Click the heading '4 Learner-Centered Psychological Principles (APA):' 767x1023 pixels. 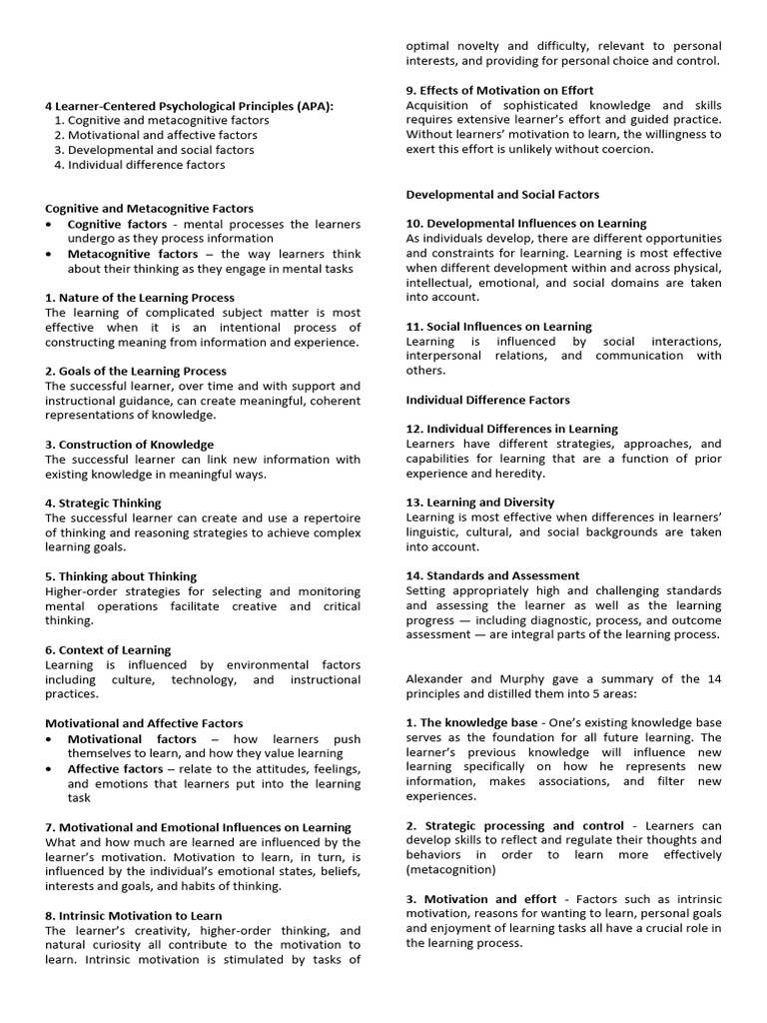[x=190, y=105]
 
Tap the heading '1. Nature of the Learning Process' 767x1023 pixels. [x=140, y=298]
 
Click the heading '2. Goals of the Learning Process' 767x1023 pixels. [x=136, y=371]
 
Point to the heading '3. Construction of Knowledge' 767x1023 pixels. [x=129, y=445]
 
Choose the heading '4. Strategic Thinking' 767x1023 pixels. [x=103, y=504]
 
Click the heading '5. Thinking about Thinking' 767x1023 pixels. [x=121, y=576]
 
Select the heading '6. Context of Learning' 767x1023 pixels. [x=108, y=650]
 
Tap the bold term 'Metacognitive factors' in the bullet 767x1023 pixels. [x=133, y=254]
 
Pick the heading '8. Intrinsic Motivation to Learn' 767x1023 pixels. [x=134, y=915]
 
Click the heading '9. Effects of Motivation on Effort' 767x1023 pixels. [x=499, y=91]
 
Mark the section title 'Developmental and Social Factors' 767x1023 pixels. [x=502, y=194]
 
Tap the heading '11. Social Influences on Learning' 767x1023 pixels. [x=498, y=327]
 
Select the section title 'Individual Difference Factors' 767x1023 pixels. [x=488, y=400]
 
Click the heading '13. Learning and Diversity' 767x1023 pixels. [x=480, y=503]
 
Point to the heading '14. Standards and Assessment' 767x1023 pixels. [x=492, y=575]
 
